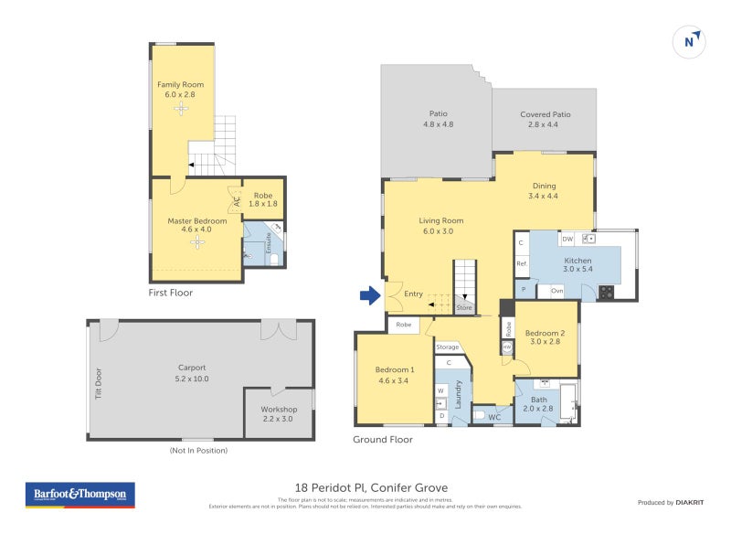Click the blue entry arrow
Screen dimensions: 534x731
tap(369, 294)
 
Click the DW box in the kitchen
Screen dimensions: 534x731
tap(567, 239)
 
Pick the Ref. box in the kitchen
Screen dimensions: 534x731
tap(523, 264)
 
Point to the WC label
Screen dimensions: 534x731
tap(494, 418)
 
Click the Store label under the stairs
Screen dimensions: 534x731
tap(464, 308)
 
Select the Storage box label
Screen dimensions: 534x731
tap(448, 347)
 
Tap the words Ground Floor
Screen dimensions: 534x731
tap(383, 440)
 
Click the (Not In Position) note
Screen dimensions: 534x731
tap(198, 450)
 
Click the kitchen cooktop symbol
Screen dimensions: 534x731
tap(605, 292)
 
